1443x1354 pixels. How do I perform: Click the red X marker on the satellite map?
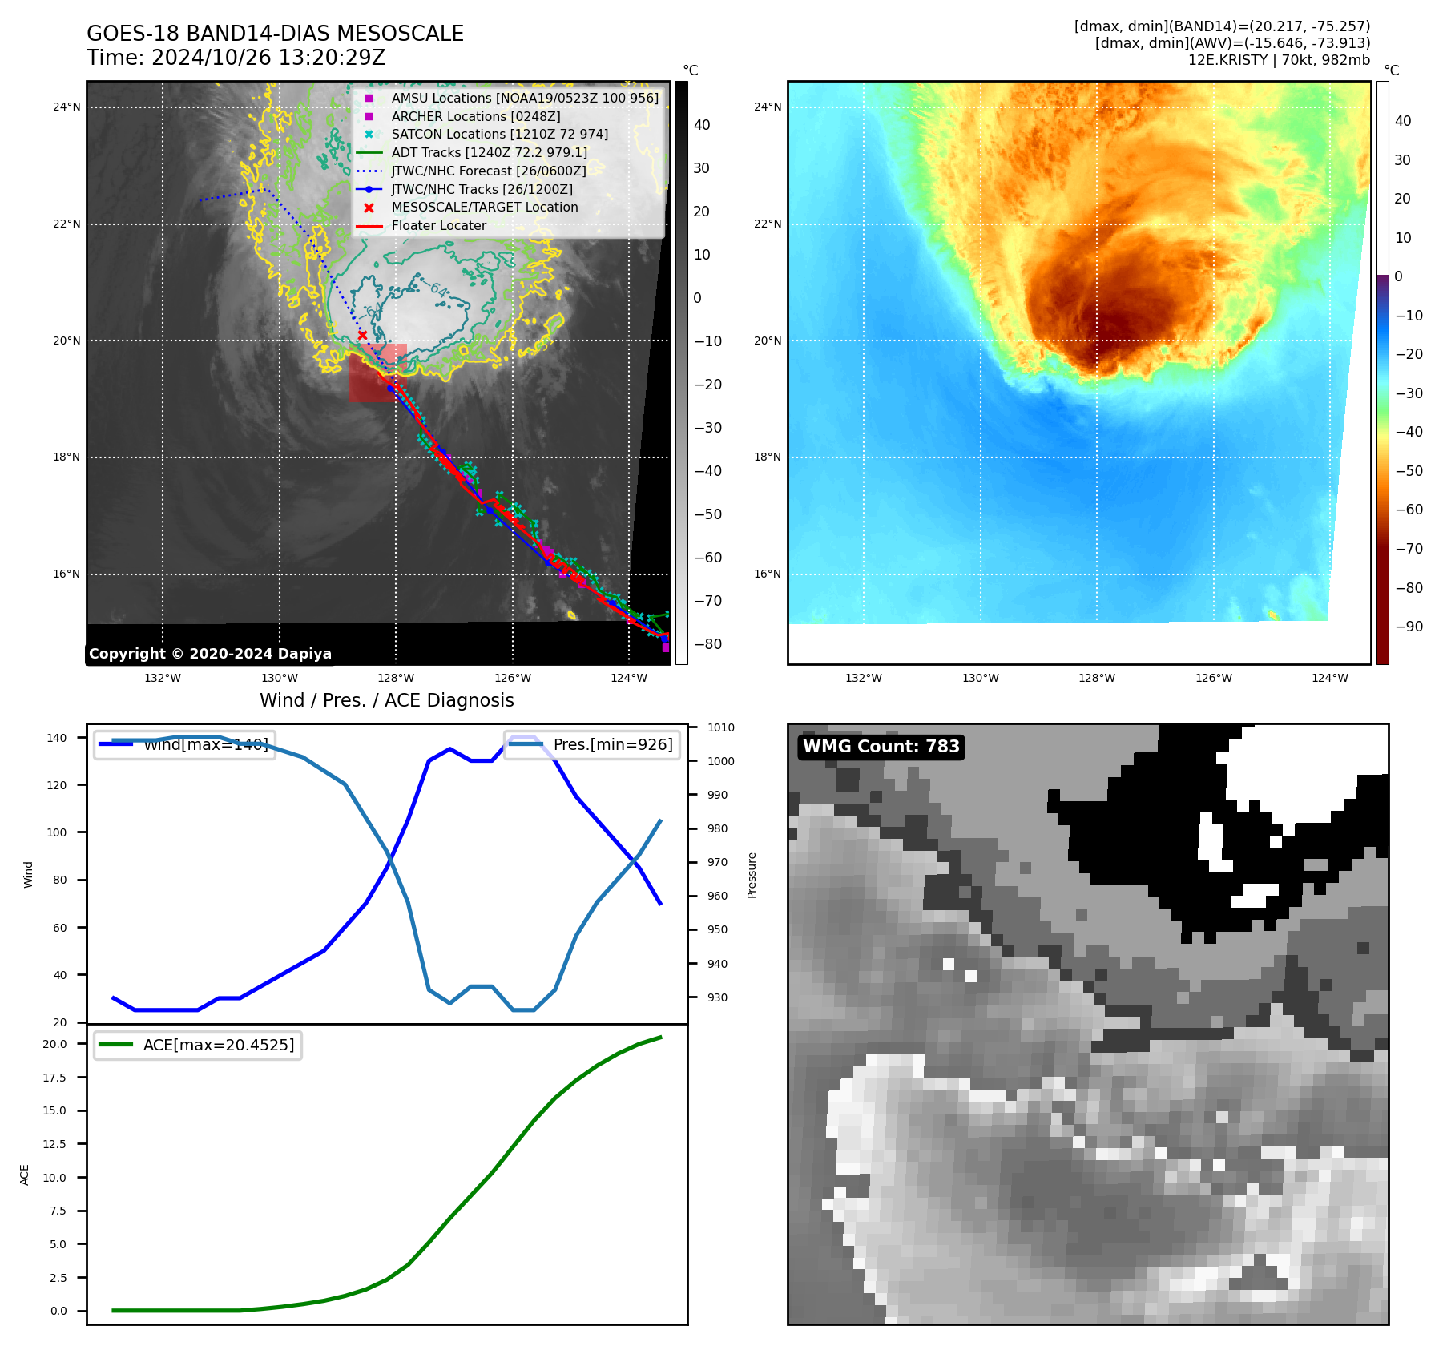coord(362,335)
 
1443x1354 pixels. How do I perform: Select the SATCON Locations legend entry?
coord(499,135)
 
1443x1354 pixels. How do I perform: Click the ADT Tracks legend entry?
coord(489,152)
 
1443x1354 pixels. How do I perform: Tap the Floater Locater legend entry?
coord(438,226)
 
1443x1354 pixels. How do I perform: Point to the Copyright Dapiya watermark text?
coord(210,654)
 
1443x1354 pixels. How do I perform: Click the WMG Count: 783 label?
coord(881,747)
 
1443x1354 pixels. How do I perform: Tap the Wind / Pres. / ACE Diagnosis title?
coord(386,700)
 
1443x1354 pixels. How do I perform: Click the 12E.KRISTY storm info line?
coord(1279,60)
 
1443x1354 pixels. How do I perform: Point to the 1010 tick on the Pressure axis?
coord(720,727)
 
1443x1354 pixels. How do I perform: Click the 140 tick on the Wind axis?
coord(57,738)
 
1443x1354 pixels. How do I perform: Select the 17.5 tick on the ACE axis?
coord(54,1078)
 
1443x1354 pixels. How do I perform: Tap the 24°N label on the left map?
coord(67,107)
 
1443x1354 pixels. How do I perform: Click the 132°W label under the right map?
coord(863,678)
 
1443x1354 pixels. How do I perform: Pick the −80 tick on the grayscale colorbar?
coord(707,644)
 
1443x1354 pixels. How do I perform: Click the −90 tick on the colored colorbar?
coord(1409,627)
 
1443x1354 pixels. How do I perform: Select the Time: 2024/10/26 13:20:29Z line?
coord(236,58)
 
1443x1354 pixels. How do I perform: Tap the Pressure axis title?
coord(752,875)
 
